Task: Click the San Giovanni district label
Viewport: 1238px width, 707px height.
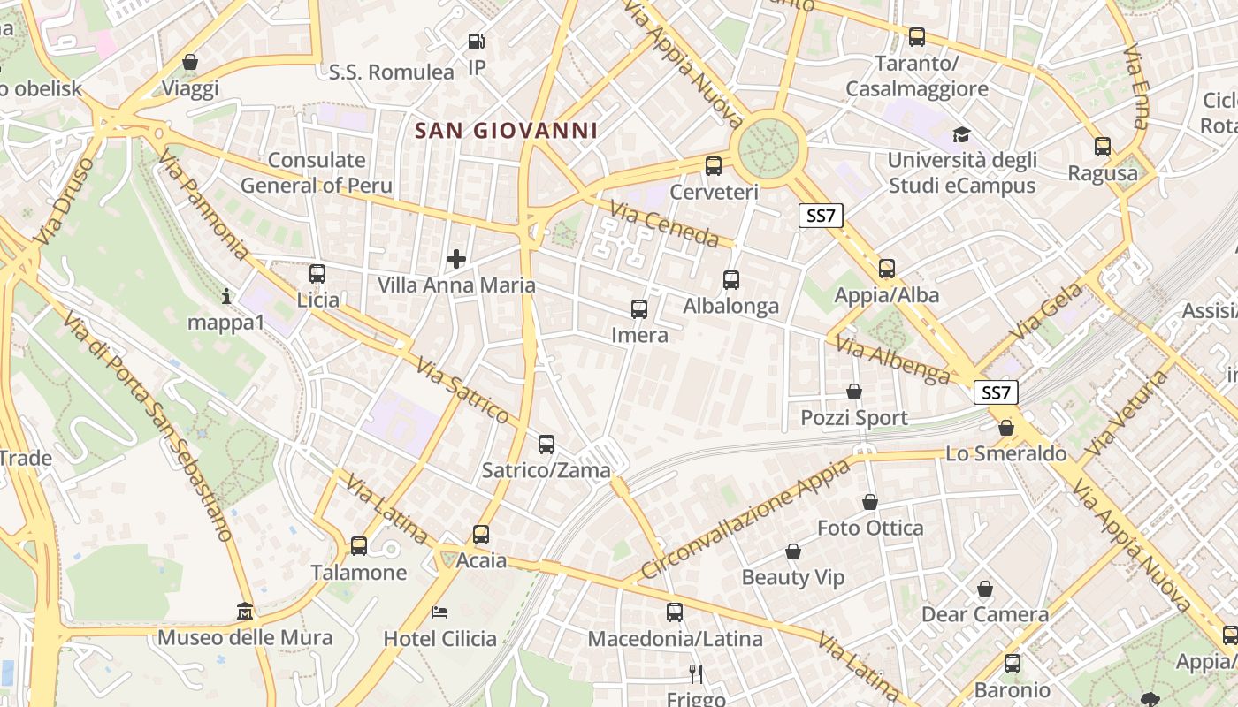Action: tap(507, 131)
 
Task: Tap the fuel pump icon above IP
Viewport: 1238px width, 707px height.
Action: tap(476, 41)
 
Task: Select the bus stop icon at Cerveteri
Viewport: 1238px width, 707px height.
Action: tap(714, 165)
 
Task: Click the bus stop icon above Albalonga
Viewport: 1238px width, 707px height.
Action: tap(731, 280)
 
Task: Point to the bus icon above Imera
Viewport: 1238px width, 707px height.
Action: tap(639, 309)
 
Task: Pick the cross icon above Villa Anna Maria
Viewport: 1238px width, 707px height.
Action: tap(456, 259)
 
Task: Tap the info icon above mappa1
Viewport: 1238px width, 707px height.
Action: tap(226, 296)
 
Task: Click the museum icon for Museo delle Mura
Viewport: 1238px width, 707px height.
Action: tap(245, 612)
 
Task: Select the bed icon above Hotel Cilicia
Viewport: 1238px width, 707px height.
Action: tap(439, 612)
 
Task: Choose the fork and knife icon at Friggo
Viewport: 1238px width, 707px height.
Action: tap(696, 674)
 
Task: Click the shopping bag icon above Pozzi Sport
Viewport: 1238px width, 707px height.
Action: tap(854, 391)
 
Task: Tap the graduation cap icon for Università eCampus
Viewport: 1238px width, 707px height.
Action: tap(961, 134)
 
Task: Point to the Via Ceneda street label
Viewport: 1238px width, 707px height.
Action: tap(664, 224)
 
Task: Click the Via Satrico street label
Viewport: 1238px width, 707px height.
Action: tap(462, 390)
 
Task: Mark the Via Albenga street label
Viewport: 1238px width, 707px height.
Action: tap(893, 361)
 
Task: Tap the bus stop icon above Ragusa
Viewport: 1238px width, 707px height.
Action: tap(1103, 147)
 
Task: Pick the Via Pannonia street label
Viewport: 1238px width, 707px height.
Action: tap(204, 204)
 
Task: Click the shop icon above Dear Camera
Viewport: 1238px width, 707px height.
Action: tap(985, 589)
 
